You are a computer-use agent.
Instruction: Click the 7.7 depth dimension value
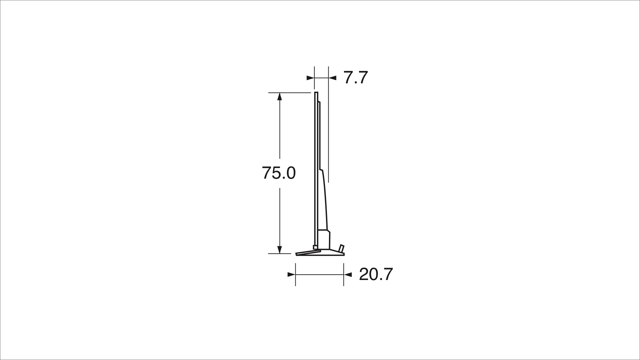355,78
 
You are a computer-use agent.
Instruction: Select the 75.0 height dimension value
279,173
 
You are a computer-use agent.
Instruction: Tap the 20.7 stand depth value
376,274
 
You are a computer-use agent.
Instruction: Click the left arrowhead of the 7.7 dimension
310,78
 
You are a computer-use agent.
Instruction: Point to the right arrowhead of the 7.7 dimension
332,78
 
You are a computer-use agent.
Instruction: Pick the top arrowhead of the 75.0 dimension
280,97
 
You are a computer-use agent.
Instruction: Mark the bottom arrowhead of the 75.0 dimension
280,250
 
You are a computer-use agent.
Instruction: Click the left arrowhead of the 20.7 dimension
291,275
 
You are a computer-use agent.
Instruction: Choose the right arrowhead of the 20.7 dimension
348,275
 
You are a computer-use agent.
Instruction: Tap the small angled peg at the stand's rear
341,248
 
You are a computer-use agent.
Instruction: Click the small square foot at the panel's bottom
315,247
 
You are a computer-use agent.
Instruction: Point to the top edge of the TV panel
316,92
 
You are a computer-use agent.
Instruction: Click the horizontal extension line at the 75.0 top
289,93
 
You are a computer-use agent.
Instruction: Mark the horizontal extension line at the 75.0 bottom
279,254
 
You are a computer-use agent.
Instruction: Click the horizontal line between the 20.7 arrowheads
319,275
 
